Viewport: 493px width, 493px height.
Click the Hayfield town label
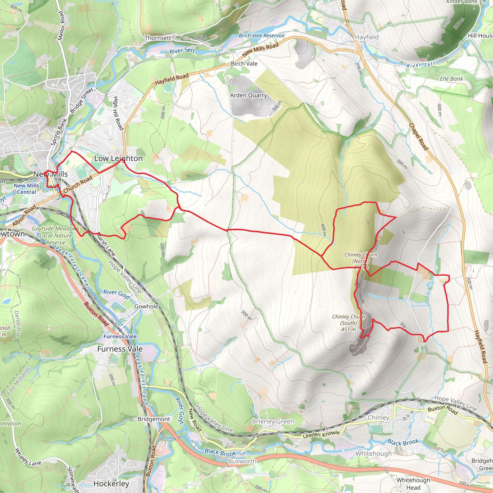click(367, 37)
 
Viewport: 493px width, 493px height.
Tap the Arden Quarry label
click(248, 95)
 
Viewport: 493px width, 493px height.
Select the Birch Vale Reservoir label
click(262, 36)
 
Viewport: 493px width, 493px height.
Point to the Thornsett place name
click(158, 38)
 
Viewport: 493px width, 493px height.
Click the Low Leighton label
click(118, 158)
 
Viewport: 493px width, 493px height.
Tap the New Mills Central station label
click(26, 189)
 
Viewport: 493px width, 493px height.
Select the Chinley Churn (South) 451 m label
click(349, 323)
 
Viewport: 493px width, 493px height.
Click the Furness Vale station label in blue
click(120, 337)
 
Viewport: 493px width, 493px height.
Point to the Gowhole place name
click(146, 306)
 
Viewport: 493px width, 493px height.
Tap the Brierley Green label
click(273, 421)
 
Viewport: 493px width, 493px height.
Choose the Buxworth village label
click(242, 461)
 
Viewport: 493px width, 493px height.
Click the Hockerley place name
click(111, 484)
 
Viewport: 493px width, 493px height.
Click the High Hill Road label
click(118, 113)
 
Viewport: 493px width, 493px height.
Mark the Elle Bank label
click(451, 79)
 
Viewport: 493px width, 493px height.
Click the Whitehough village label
click(373, 454)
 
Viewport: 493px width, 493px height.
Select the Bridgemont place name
click(154, 419)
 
